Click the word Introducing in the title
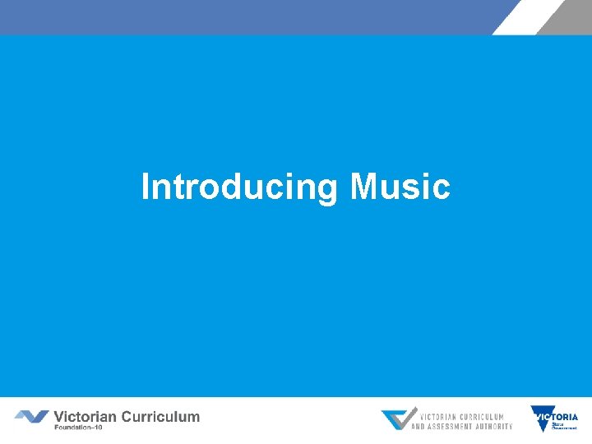(239, 187)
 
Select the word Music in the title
(400, 187)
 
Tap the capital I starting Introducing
(146, 187)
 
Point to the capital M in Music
(363, 187)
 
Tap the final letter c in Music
(442, 188)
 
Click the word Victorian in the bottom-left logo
(86, 416)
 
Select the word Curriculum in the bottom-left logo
(160, 416)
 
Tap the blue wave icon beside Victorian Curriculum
(31, 417)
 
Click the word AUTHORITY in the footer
(494, 426)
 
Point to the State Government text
(564, 425)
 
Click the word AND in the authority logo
(419, 426)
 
